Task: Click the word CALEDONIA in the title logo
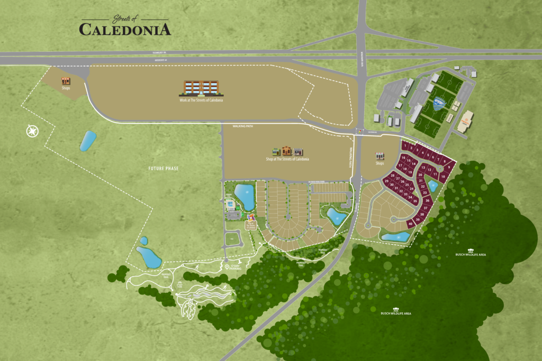125,29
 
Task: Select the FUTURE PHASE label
164,169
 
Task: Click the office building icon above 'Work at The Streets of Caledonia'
201,88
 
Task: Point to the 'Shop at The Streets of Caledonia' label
287,159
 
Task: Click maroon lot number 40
411,224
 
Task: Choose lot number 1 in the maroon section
404,145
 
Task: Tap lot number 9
449,167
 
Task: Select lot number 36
427,201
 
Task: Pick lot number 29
387,181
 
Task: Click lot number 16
403,158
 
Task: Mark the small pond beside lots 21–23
432,186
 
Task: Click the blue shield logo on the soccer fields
439,104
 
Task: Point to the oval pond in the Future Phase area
87,141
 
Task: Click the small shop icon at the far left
66,81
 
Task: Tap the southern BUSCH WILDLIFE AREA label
396,312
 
